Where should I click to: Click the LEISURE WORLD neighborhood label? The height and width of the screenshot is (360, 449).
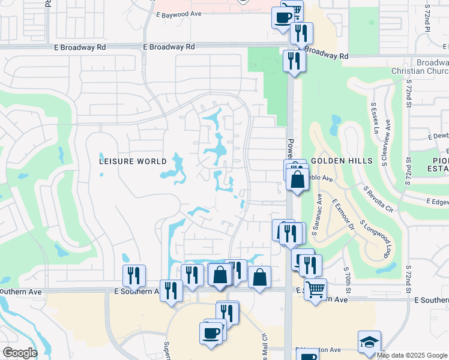pos(133,161)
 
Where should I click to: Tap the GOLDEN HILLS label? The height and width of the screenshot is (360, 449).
pos(334,161)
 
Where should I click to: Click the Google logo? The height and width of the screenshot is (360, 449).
pos(19,353)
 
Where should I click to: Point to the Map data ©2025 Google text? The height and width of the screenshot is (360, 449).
pos(412,355)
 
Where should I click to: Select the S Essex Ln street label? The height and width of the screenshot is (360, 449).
pos(374,115)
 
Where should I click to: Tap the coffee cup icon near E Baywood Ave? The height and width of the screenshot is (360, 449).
pos(284,17)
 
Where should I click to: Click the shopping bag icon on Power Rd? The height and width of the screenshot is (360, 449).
pos(298,179)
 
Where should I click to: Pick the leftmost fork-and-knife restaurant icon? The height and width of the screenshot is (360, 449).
pos(134,275)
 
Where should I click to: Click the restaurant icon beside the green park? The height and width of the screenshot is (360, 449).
pos(293,61)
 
